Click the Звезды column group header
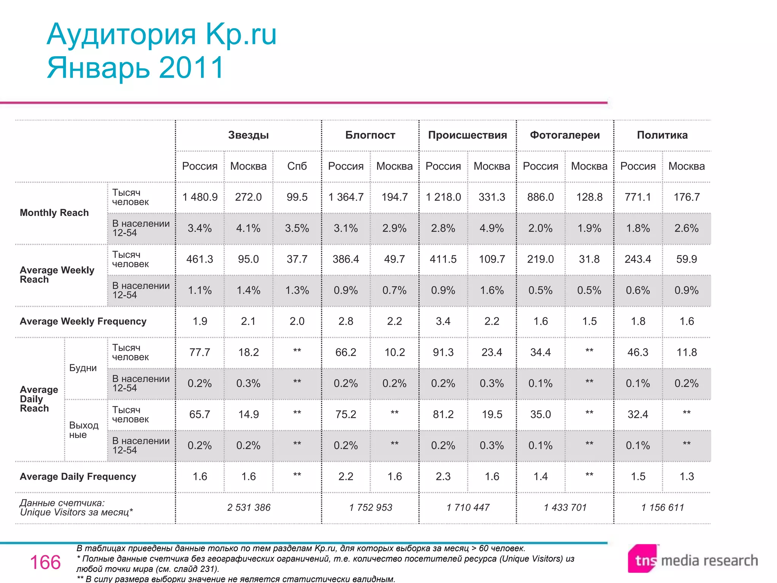coord(249,135)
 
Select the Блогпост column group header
coord(370,135)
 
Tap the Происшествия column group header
coord(467,135)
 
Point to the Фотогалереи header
coord(565,135)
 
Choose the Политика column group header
coord(662,135)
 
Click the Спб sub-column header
coord(297,166)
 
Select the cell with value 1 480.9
coord(200,197)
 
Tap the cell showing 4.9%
coord(492,228)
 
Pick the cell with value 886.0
coord(541,197)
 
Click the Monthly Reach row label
coord(54,213)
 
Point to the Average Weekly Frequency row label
coord(83,321)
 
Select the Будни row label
coord(83,368)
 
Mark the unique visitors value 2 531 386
coord(249,507)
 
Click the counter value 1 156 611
coord(662,507)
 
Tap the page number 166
coord(45,562)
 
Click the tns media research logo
coord(693,560)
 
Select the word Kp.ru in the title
coord(241,35)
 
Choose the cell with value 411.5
coord(443,259)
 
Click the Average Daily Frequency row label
coord(78,477)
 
